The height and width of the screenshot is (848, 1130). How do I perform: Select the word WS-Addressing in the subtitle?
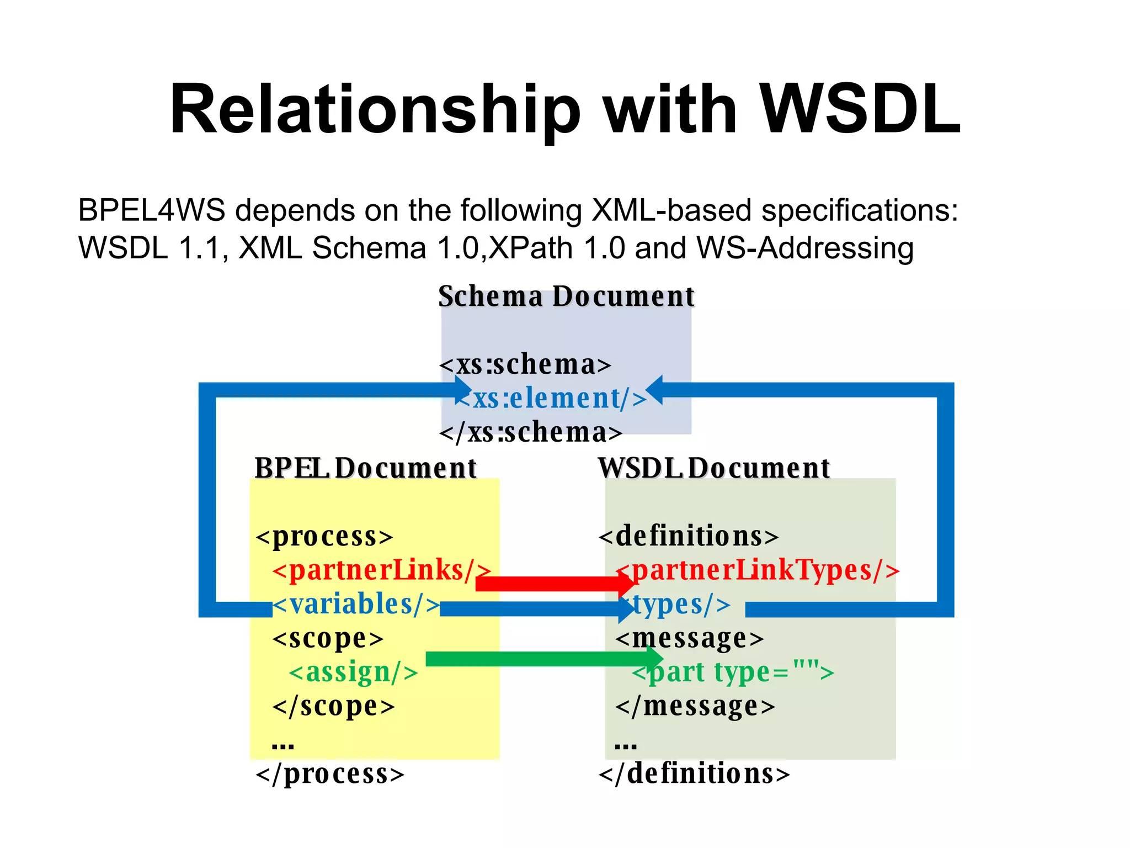(x=805, y=247)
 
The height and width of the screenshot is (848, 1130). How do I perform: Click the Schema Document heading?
(x=566, y=296)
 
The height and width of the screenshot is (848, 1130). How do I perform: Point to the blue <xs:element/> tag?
(x=552, y=398)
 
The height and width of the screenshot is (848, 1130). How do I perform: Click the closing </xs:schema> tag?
(x=531, y=432)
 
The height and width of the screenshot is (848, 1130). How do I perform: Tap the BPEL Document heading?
(x=365, y=468)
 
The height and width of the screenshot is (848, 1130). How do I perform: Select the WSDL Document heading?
(x=714, y=468)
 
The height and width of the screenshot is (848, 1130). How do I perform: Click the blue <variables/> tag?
(x=356, y=604)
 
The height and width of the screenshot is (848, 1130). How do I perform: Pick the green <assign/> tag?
(x=353, y=672)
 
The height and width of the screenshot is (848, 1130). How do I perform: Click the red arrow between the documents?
(x=552, y=584)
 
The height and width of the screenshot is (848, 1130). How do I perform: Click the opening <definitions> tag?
(x=689, y=536)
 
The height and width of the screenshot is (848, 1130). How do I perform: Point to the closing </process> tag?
(x=330, y=773)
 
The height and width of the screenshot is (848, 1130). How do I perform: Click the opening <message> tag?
(x=690, y=638)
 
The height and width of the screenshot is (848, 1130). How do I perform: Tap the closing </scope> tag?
(x=334, y=706)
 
